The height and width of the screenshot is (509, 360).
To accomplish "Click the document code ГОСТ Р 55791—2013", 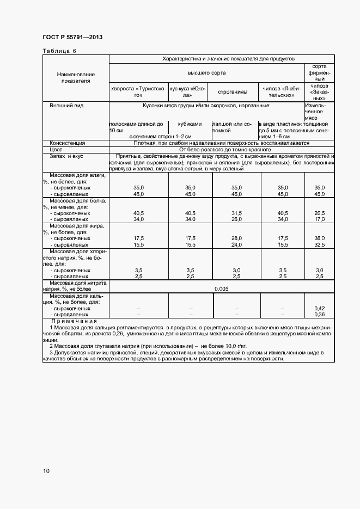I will pos(72,37).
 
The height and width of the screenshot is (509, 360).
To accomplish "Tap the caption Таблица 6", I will pos(59,51).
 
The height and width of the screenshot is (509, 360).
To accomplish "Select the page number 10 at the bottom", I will pos(46,471).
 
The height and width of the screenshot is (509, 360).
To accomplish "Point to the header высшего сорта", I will pos(206,72).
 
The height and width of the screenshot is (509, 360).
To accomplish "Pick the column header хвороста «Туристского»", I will pos(138,91).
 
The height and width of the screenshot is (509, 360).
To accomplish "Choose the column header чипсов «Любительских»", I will pos(282,91).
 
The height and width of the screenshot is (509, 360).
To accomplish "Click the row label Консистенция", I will pos(68,143).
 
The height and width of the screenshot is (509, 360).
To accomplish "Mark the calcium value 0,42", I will pos(319,309).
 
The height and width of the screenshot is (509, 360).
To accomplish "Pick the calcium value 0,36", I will pos(319,315).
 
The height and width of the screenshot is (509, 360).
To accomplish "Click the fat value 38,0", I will pos(319,238).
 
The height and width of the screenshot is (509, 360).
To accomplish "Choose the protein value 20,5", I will pos(319,213).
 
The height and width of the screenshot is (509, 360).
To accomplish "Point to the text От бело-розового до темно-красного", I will pos(221,149).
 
